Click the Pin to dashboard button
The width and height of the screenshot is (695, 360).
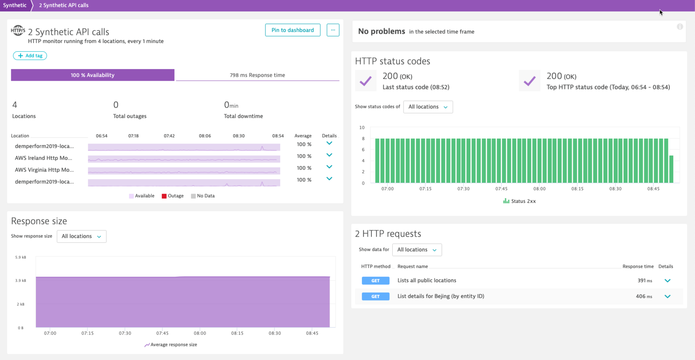click(292, 30)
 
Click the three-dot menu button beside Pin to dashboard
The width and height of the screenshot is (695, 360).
click(333, 30)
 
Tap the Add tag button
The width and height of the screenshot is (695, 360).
click(30, 56)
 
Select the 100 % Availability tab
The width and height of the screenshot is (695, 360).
click(93, 75)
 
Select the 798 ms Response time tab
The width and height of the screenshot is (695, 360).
click(257, 75)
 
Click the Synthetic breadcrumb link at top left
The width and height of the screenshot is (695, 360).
click(15, 5)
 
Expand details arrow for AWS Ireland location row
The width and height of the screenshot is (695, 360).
click(329, 155)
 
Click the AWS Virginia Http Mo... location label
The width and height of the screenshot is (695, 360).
click(44, 170)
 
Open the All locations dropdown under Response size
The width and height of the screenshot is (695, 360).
click(81, 236)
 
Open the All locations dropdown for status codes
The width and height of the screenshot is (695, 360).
click(428, 107)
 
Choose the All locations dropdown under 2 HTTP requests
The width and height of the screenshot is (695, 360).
click(417, 250)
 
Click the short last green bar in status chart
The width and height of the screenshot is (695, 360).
click(671, 169)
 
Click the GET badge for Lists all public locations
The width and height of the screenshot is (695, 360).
click(375, 281)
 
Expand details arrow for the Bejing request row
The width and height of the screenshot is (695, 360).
click(668, 297)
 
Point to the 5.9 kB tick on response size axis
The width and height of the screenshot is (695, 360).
click(20, 257)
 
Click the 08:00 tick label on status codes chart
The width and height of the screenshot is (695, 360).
click(539, 189)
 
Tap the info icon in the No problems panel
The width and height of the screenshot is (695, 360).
click(680, 27)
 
